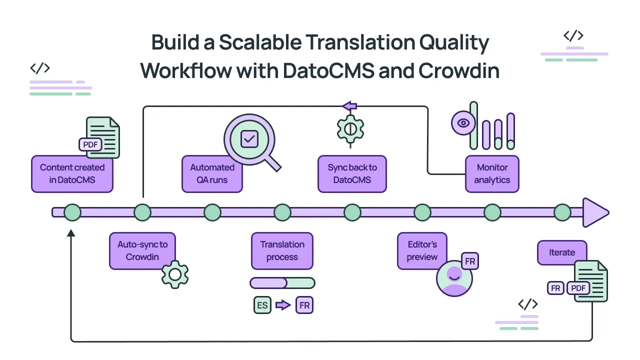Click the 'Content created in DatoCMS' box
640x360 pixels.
(72, 173)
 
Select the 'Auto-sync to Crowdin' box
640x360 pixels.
(142, 250)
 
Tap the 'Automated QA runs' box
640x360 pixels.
(212, 173)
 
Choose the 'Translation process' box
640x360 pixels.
(282, 250)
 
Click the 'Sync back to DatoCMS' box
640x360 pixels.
(352, 173)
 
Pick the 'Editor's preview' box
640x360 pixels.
(421, 250)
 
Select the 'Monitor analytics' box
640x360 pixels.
(492, 173)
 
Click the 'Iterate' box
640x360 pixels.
(562, 252)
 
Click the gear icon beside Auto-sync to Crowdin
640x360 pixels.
(175, 274)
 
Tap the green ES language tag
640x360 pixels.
(262, 305)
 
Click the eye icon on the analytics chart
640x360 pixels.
(463, 123)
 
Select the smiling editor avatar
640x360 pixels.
(454, 278)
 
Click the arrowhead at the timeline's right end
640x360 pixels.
(595, 212)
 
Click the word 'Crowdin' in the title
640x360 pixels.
(458, 70)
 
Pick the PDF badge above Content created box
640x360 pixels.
(90, 144)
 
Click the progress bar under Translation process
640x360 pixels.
(282, 283)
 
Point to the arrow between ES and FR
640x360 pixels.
(283, 305)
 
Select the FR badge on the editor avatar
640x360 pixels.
(470, 261)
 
